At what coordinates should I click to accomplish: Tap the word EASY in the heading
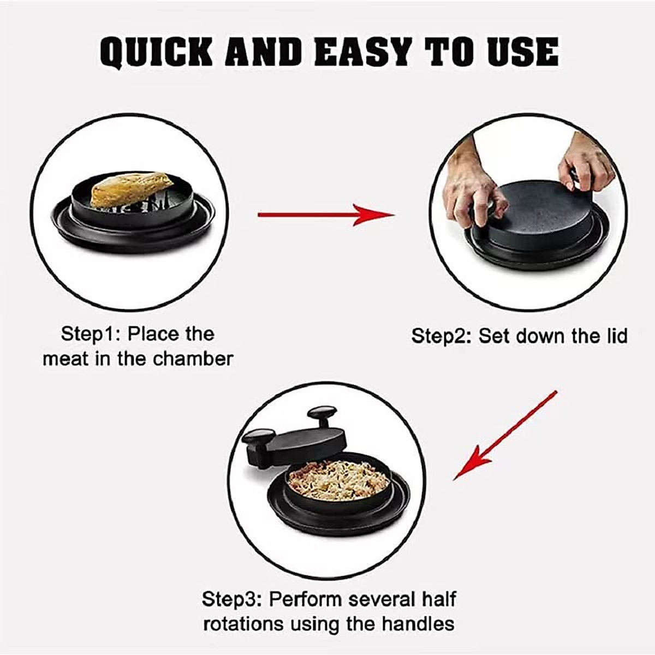pos(365,52)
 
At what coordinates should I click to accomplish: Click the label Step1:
pos(91,334)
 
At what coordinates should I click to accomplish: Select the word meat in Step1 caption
pos(65,359)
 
